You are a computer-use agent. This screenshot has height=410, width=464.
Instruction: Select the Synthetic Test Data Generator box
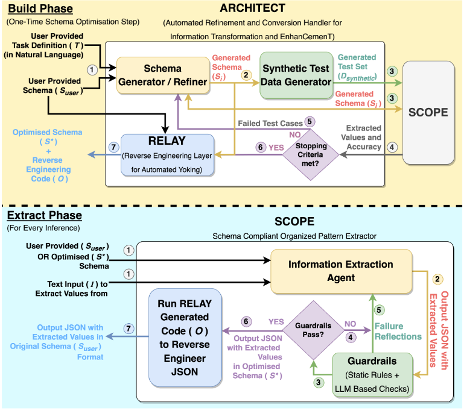pyautogui.click(x=296, y=75)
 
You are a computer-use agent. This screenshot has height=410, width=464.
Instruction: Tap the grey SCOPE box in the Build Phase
pyautogui.click(x=428, y=112)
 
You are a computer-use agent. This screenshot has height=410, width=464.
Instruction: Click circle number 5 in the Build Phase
pyautogui.click(x=310, y=121)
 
